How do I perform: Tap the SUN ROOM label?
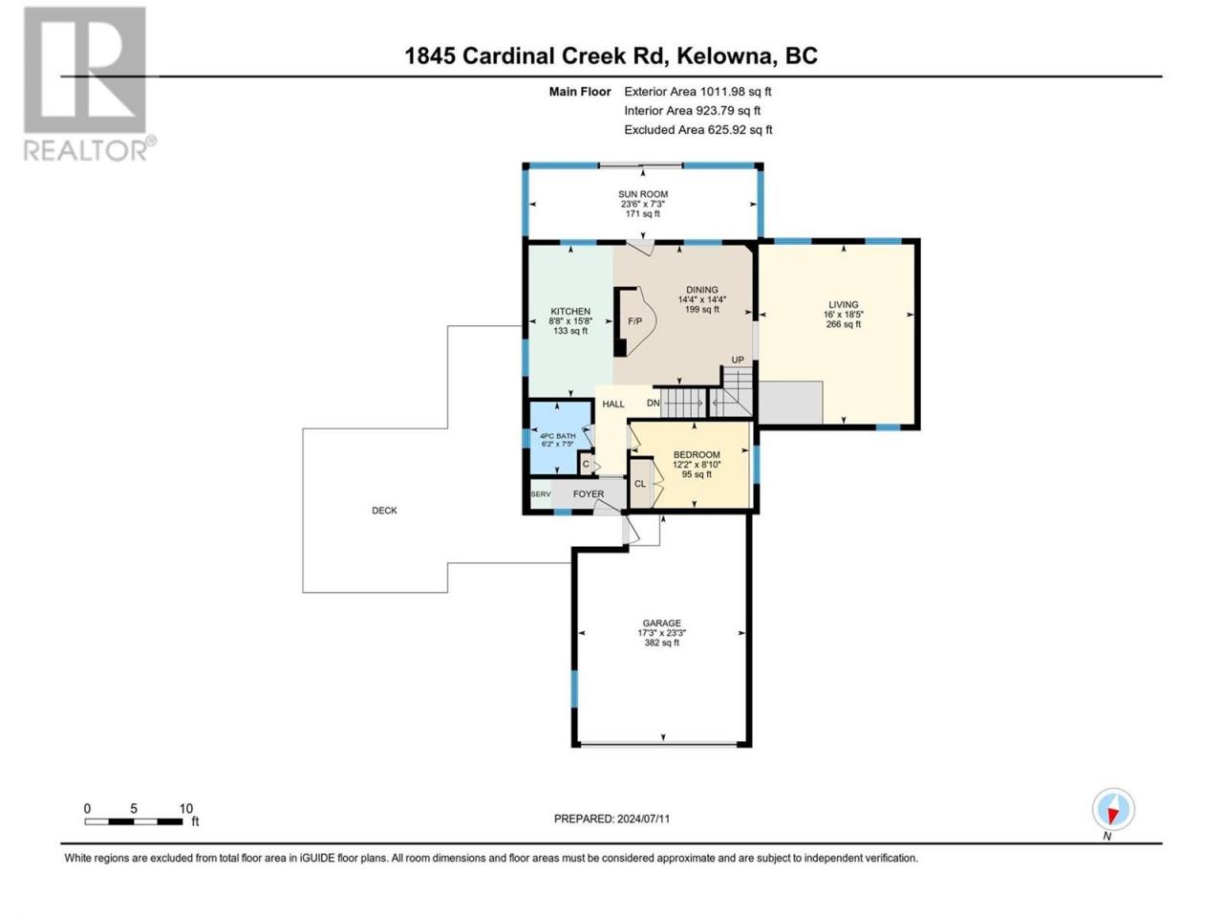pos(642,194)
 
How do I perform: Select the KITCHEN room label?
pos(570,311)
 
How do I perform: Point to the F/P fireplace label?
pos(634,321)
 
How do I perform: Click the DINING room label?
pos(701,290)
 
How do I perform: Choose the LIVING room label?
pos(843,304)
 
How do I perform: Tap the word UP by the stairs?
pos(737,360)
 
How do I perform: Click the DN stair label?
pos(653,403)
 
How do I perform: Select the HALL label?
pos(612,404)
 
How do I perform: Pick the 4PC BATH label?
pos(558,436)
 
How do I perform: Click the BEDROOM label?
pos(697,454)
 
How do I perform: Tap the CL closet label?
pos(639,483)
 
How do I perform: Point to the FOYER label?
pos(589,493)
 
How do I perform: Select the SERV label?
pos(541,493)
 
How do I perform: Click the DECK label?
pos(384,510)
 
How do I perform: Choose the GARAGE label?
pos(661,623)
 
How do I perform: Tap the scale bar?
pos(134,821)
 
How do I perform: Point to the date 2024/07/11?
pos(643,819)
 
